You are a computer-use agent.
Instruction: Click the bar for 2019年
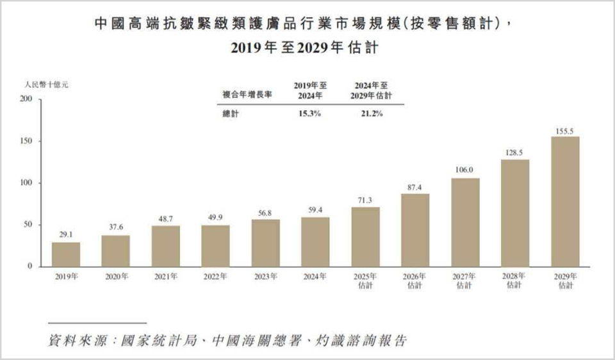coord(66,254)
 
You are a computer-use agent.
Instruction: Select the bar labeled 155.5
coord(565,202)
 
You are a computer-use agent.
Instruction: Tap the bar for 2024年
coord(315,242)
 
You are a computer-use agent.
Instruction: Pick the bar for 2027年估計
coord(465,222)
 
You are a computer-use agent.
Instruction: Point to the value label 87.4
coord(415,186)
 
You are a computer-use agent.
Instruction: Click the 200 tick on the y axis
coord(27,99)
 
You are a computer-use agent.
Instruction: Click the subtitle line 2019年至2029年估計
coord(307,49)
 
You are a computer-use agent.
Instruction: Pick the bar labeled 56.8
coord(265,243)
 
